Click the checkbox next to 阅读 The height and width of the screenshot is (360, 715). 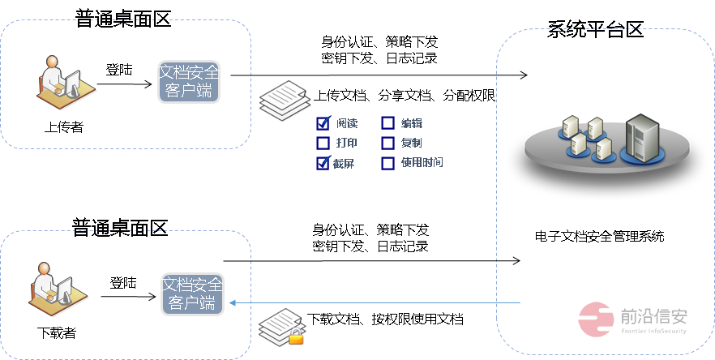[323, 124]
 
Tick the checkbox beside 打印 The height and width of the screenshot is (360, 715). [323, 144]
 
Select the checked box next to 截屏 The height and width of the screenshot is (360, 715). [323, 163]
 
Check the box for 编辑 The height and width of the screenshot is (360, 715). [387, 124]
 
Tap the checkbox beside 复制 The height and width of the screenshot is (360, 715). [387, 144]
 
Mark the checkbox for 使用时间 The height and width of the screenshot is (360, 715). [387, 163]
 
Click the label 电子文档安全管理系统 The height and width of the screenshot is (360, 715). [599, 237]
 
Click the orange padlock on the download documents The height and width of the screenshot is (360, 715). [297, 336]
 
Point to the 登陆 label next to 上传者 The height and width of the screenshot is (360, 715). [119, 70]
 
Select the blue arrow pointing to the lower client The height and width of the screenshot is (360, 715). [373, 302]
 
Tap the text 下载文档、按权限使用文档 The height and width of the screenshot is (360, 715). [386, 319]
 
